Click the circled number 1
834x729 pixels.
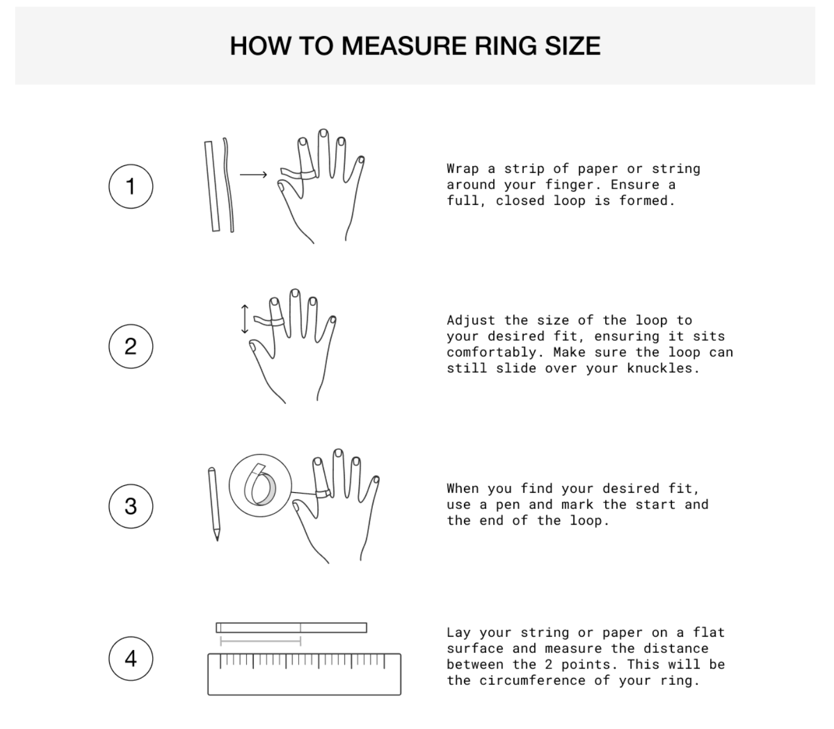pos(131,186)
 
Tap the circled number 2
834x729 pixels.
pos(131,347)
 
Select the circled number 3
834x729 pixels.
pos(131,506)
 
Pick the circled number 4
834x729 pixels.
pos(131,659)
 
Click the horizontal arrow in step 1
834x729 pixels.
pos(254,175)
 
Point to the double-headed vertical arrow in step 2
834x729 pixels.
pos(245,319)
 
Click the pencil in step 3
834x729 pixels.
pos(214,504)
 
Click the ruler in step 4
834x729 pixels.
pos(304,674)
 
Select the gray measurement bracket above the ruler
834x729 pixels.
pos(260,641)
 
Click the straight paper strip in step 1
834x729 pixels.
pos(212,186)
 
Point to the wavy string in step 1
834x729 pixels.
pos(229,185)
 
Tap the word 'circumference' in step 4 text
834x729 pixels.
pos(532,681)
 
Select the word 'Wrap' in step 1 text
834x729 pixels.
pos(463,169)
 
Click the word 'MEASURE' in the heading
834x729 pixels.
pos(404,46)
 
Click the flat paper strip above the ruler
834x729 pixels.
pos(292,627)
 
